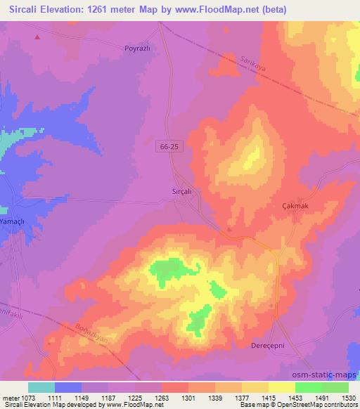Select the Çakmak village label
pyautogui.click(x=295, y=204)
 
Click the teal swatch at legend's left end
pyautogui.click(x=41, y=387)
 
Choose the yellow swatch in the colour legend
pyautogui.click(x=281, y=387)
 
